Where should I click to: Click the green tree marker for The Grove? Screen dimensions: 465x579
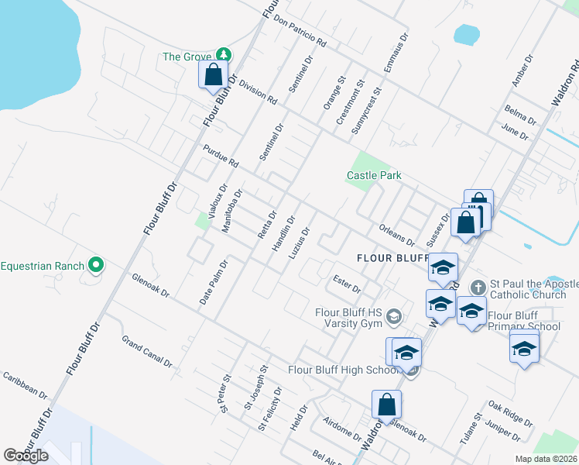[224, 54]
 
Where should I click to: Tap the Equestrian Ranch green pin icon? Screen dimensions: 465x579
[96, 266]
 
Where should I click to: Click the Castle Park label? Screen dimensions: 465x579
[374, 176]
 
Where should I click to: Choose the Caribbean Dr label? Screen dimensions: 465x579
[25, 384]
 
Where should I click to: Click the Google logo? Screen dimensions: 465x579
[26, 456]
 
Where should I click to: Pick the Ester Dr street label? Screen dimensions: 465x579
[346, 282]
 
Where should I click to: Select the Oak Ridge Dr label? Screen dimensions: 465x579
[510, 415]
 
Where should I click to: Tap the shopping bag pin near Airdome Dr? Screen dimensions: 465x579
[386, 405]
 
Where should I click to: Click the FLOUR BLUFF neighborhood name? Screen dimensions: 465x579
[392, 257]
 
